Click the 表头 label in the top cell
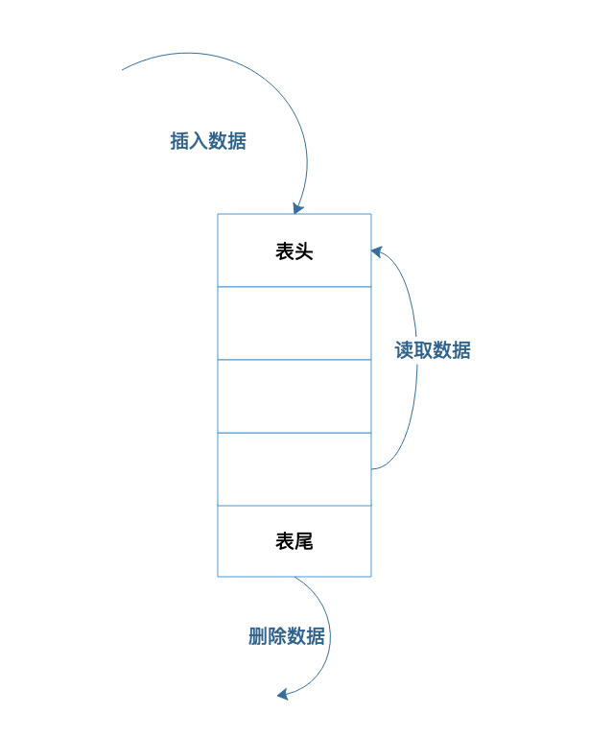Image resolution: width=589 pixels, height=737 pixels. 294,251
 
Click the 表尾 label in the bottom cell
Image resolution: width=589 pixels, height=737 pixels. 294,541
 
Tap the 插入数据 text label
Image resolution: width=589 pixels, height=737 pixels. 208,141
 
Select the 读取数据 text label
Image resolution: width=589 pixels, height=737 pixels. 433,350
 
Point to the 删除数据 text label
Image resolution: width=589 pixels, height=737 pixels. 286,636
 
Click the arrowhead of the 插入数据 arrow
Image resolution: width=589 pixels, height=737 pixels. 297,208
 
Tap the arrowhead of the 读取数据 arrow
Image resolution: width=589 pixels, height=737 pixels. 376,250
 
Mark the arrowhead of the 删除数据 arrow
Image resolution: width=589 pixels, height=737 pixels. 283,694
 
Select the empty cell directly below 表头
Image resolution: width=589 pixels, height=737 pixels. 294,323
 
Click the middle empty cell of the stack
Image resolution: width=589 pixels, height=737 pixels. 294,396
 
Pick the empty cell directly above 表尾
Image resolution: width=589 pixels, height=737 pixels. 294,469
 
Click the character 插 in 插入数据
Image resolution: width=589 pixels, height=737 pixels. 179,141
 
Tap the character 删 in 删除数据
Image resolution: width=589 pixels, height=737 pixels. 257,636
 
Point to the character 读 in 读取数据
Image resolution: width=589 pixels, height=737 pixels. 404,350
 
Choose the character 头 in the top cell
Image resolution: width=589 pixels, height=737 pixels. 304,251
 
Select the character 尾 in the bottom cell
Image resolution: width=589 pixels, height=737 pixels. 304,541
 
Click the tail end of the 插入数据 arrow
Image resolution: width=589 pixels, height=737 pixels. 124,70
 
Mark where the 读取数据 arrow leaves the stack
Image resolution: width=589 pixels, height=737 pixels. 372,468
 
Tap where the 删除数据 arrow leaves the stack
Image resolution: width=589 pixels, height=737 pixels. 295,578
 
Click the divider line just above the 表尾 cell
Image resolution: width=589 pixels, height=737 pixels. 294,506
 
